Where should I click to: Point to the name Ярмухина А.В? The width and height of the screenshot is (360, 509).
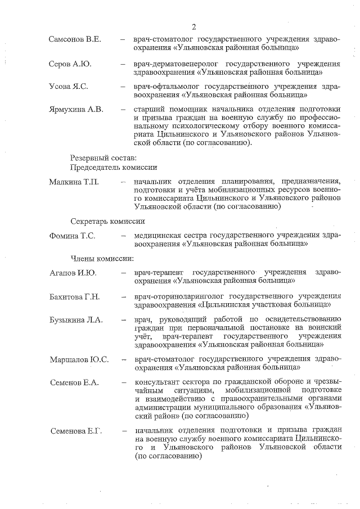pos(76,110)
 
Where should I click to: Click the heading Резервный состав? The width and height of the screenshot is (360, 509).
pos(103,158)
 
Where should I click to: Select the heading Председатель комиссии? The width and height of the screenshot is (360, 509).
pos(113,168)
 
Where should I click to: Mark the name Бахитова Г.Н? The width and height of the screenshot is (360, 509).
pos(74,296)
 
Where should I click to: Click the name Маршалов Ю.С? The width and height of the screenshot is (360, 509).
pos(79,359)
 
